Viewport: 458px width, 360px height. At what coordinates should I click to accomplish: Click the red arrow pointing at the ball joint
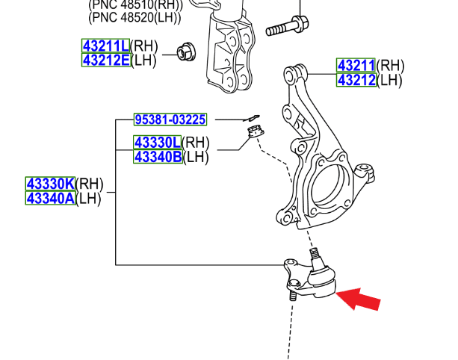(x=360, y=299)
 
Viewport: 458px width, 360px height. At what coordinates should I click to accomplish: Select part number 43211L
(x=105, y=46)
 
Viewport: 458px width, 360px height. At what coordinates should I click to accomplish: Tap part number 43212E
(x=105, y=60)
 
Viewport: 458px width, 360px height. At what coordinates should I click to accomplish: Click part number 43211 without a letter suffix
(x=356, y=66)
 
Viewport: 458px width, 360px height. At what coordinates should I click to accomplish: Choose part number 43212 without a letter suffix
(x=356, y=80)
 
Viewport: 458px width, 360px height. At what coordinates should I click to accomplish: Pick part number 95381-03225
(x=170, y=120)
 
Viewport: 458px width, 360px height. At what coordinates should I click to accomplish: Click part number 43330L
(x=158, y=142)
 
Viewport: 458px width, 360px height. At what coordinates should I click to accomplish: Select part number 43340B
(x=158, y=156)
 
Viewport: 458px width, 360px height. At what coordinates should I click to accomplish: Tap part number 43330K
(x=50, y=184)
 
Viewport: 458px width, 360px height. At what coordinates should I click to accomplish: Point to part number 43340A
(x=50, y=198)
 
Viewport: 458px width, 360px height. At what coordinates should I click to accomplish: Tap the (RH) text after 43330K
(x=91, y=184)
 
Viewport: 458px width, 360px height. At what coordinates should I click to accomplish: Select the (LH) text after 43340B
(x=196, y=156)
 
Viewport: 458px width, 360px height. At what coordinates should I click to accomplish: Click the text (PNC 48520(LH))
(x=135, y=14)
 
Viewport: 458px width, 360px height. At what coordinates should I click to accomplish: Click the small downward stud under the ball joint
(x=293, y=296)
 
